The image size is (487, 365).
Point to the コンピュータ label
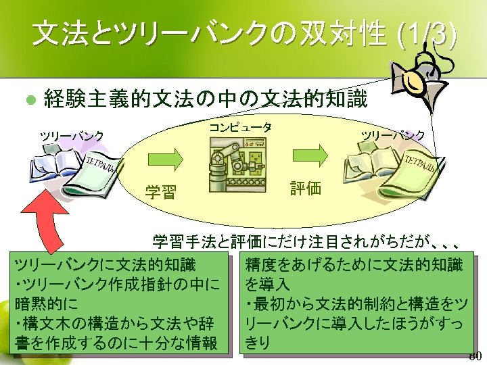tap(240, 127)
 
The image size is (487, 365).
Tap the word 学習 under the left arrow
tap(160, 193)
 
